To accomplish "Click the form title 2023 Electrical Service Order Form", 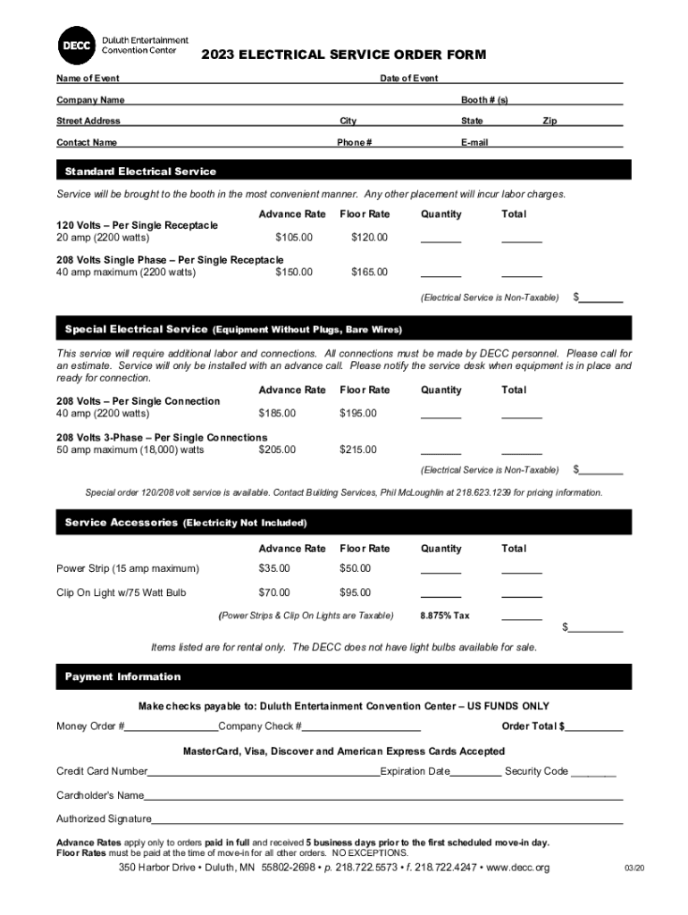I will [x=343, y=55].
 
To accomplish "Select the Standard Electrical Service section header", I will [x=140, y=171].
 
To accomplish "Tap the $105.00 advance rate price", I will [x=294, y=238].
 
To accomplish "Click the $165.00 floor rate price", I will [x=369, y=272].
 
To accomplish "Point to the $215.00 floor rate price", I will [x=357, y=449].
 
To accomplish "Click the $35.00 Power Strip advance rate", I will [x=273, y=568].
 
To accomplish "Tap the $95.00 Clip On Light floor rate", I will [x=357, y=592].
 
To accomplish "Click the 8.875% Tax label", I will [x=444, y=616].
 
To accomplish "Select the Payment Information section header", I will [x=122, y=676].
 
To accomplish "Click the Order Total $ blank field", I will [x=594, y=726].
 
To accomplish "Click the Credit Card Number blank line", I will [x=264, y=772].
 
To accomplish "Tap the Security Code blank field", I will [x=593, y=772].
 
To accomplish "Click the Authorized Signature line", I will [x=387, y=819].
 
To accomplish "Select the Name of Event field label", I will [x=88, y=79].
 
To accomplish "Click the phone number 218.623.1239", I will [x=482, y=492].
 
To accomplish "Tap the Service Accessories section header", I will [x=121, y=522].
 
